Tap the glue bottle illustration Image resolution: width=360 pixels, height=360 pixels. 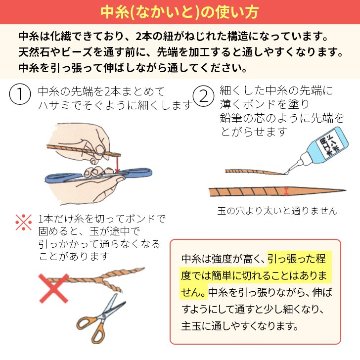pos(324,147)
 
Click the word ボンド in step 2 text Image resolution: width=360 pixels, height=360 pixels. pos(260,105)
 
